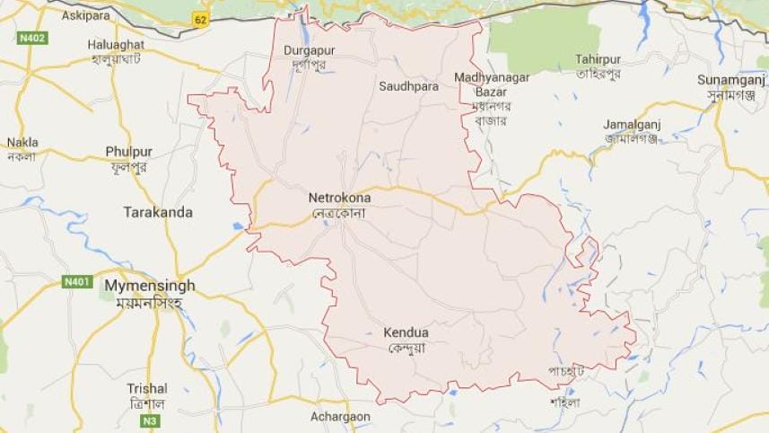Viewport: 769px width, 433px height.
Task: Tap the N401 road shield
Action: (76, 282)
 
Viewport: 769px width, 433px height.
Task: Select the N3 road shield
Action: (150, 420)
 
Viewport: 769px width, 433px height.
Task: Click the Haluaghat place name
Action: (116, 44)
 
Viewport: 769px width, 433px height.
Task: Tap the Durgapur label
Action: (309, 50)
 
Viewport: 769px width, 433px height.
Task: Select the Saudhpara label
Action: (408, 86)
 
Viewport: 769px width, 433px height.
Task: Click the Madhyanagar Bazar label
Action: (491, 84)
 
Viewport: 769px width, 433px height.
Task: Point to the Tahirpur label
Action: (599, 58)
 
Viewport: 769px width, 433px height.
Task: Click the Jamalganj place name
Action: (631, 123)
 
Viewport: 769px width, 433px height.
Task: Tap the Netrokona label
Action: (339, 197)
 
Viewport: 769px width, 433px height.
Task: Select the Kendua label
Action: (406, 333)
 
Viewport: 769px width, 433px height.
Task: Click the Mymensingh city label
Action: (150, 285)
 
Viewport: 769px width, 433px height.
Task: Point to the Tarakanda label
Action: (157, 212)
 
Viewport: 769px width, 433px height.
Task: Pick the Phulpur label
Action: (128, 152)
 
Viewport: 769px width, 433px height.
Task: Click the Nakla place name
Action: (22, 142)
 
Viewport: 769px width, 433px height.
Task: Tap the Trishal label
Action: (146, 389)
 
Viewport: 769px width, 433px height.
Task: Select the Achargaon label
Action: (340, 417)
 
